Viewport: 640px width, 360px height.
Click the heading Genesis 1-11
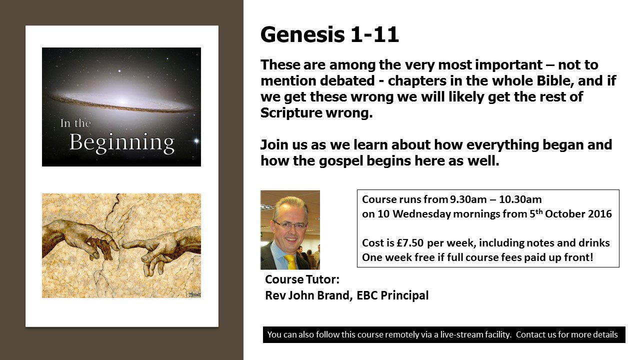coord(329,35)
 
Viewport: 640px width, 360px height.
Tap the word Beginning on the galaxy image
coord(122,142)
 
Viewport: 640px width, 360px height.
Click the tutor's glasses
coord(290,225)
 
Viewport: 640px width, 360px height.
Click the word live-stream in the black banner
coord(462,334)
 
